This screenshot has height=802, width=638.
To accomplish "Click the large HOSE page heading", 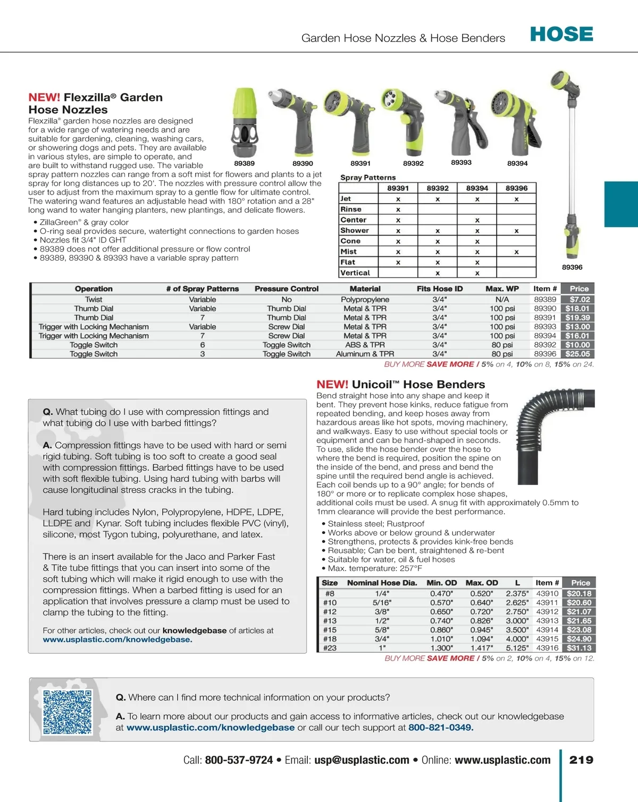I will click(x=561, y=35).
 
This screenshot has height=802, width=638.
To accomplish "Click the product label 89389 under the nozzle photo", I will click(x=244, y=163).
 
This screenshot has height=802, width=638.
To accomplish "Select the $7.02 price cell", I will click(x=579, y=299).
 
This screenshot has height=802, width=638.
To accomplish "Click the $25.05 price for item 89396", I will click(x=577, y=354).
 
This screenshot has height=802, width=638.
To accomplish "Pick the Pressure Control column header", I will click(x=286, y=289).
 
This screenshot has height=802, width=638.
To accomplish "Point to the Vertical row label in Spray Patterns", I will click(x=355, y=273).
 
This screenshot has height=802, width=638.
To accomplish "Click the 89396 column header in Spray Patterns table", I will click(x=516, y=188).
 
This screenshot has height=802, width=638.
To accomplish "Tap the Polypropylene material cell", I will click(x=365, y=299).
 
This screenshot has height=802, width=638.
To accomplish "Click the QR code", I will click(x=68, y=712).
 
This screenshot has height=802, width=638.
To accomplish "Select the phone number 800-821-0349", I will click(x=440, y=727).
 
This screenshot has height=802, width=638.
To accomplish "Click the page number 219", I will click(x=581, y=760).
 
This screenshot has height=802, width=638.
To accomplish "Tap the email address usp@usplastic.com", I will click(x=362, y=760).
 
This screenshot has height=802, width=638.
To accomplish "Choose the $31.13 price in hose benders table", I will click(x=578, y=648).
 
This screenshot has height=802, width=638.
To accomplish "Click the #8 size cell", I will click(x=330, y=594).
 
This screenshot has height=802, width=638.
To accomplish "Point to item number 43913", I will click(x=547, y=621).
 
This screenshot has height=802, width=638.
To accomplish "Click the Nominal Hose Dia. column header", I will click(x=382, y=583).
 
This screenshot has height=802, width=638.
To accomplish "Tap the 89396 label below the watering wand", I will click(x=572, y=267).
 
